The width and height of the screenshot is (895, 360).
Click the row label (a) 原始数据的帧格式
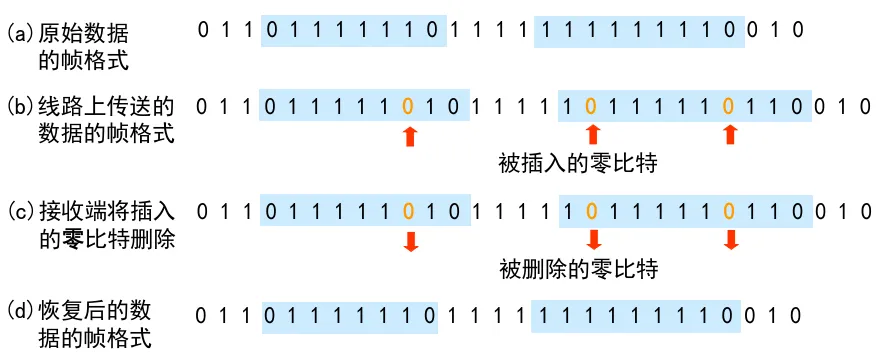point(68,47)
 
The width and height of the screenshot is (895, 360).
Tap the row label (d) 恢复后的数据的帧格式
point(80,325)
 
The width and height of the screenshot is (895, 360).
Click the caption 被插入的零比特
point(579,164)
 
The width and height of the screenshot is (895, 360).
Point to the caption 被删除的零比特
point(579,268)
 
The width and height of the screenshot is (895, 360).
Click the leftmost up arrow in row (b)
point(409,137)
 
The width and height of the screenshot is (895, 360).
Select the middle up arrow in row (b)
point(592,135)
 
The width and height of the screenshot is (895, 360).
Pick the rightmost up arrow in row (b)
point(729,135)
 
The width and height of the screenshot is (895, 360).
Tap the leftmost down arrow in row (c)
point(410,241)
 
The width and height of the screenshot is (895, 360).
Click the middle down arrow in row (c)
point(594,240)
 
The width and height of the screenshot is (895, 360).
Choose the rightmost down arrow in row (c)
point(730,240)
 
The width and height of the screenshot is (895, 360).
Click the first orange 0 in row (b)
point(408,106)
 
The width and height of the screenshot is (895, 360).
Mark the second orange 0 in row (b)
point(591,106)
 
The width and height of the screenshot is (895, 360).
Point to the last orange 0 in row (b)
point(728,106)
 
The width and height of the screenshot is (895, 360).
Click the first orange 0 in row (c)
point(408,212)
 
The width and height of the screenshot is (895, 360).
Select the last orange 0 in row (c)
point(728,212)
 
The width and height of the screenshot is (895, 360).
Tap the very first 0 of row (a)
point(203,30)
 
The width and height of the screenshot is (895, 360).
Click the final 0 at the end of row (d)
point(795,315)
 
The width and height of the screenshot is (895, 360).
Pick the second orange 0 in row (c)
point(591,212)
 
